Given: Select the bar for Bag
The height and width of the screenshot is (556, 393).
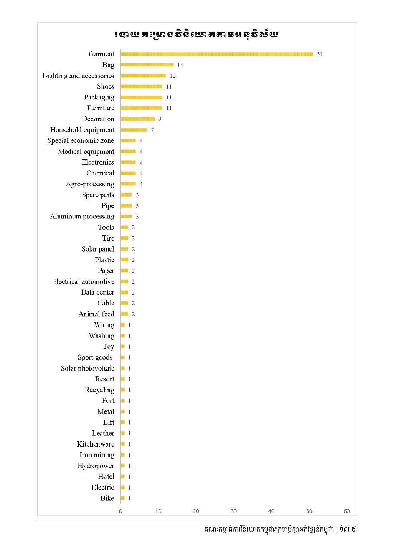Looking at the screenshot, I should pyautogui.click(x=147, y=65).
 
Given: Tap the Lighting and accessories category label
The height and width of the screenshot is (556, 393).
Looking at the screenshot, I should pyautogui.click(x=78, y=76).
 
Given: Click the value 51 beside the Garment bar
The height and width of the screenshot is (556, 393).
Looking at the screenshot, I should pyautogui.click(x=320, y=54).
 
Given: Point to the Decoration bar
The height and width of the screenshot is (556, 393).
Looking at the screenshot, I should pyautogui.click(x=137, y=119).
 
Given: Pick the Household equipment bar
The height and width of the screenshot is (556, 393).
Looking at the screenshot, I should pyautogui.click(x=134, y=130).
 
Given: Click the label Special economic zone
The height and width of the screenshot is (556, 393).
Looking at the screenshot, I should pyautogui.click(x=81, y=141).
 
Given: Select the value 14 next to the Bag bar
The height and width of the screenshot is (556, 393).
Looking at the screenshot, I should pyautogui.click(x=180, y=65).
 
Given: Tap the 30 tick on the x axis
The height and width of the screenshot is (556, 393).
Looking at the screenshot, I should pyautogui.click(x=234, y=511).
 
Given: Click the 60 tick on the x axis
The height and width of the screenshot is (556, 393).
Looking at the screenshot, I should pyautogui.click(x=347, y=511).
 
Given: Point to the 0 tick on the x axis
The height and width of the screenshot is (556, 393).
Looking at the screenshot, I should pyautogui.click(x=121, y=511).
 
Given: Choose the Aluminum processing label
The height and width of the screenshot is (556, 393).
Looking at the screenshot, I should pyautogui.click(x=82, y=216).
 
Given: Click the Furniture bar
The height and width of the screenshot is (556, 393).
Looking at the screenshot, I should pyautogui.click(x=141, y=108).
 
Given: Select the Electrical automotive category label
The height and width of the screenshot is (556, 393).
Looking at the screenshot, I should pyautogui.click(x=83, y=281).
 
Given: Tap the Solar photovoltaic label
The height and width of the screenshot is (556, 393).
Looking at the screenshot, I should pyautogui.click(x=87, y=368).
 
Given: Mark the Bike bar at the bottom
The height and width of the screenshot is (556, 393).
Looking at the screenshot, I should pyautogui.click(x=122, y=498).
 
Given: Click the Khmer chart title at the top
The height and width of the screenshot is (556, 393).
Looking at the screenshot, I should pyautogui.click(x=196, y=34).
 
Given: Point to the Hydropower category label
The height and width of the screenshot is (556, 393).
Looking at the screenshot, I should pyautogui.click(x=96, y=466).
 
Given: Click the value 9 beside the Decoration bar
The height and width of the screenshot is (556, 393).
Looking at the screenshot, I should pyautogui.click(x=160, y=119).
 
